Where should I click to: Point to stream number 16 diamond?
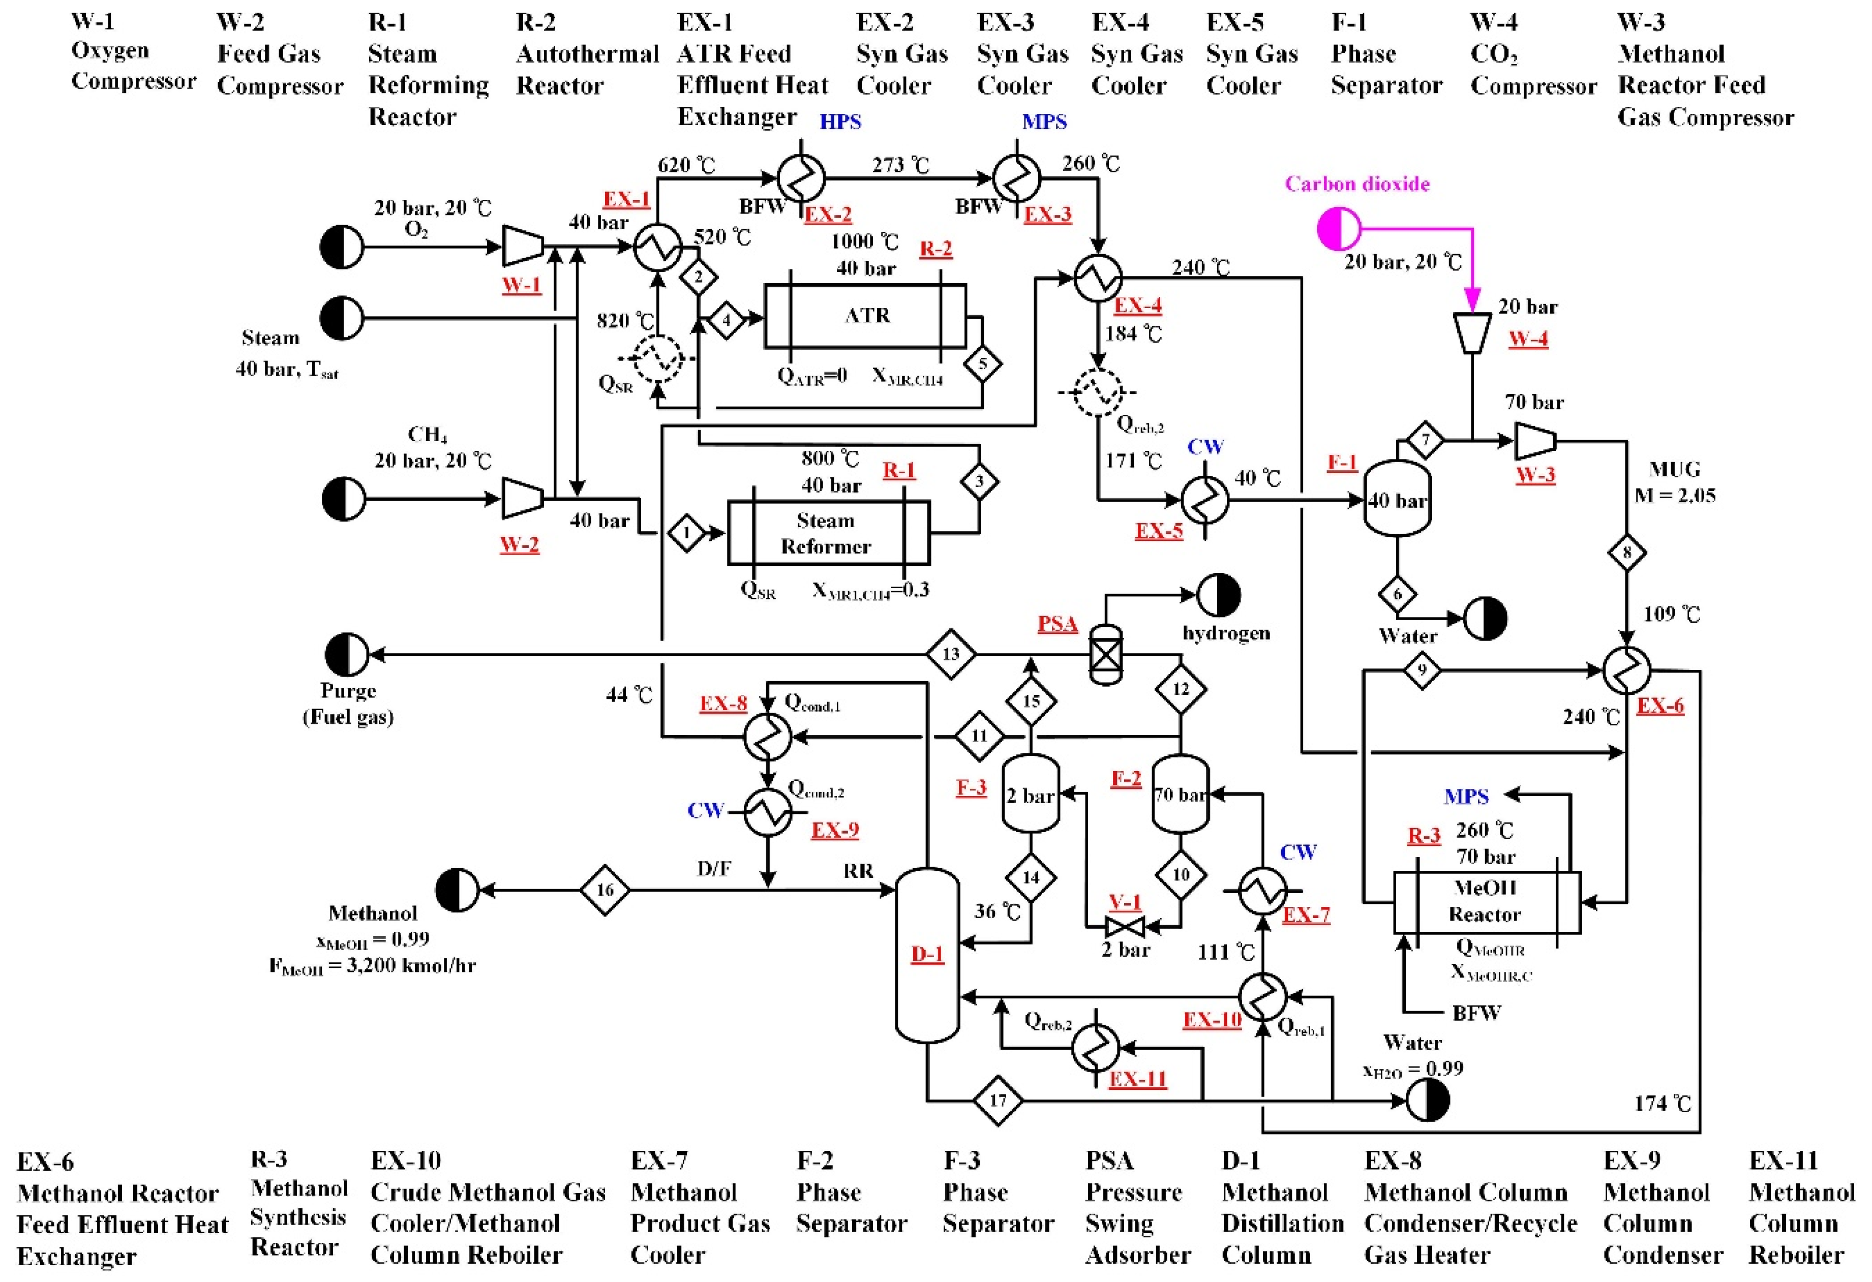click(x=605, y=890)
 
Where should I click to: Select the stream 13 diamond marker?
click(x=951, y=654)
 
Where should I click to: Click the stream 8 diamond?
click(x=1626, y=553)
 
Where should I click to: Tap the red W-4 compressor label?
click(x=1528, y=338)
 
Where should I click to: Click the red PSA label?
click(x=1057, y=623)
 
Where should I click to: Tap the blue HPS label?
click(x=840, y=121)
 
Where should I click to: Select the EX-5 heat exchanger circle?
click(x=1205, y=499)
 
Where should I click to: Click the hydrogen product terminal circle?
click(x=1218, y=595)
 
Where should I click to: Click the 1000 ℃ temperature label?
click(x=865, y=241)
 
